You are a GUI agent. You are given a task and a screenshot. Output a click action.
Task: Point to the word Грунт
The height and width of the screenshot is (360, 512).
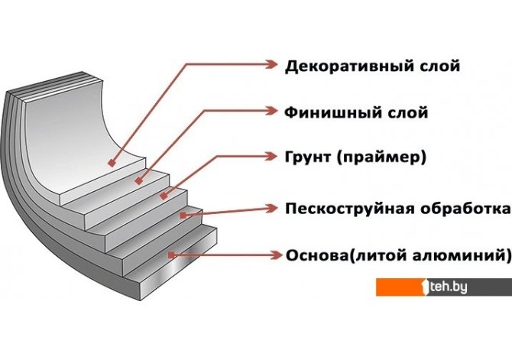(x=308, y=157)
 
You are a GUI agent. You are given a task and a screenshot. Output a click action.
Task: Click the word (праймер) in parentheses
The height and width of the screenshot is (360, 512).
(x=382, y=157)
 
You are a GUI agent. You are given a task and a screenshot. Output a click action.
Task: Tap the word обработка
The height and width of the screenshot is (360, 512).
(x=465, y=209)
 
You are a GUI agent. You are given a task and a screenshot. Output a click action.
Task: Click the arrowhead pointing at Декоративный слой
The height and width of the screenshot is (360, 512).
(x=271, y=64)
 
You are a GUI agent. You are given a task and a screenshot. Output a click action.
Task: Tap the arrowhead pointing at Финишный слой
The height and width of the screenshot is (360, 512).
(x=271, y=110)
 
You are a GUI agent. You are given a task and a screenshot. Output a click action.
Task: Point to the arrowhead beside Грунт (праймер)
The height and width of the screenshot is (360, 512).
(x=271, y=156)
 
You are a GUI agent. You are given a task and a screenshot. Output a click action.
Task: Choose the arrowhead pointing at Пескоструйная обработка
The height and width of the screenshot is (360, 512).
(x=271, y=208)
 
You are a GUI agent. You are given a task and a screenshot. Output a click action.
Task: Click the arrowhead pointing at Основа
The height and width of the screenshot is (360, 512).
(x=276, y=255)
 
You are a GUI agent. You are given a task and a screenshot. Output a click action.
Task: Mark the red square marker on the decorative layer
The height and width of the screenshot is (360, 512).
(x=112, y=163)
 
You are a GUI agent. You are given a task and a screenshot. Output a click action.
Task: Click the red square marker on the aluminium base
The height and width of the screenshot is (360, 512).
(x=171, y=255)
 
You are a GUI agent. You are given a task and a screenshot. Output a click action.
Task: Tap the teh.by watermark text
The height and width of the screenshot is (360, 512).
(x=449, y=287)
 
